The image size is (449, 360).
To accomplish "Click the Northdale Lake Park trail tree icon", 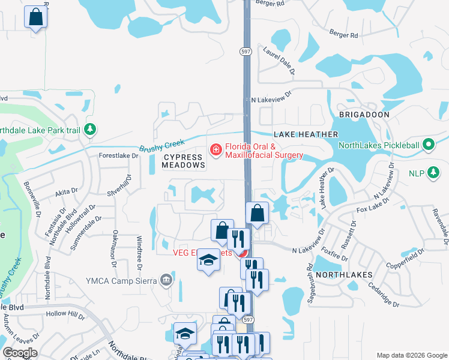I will tap(89, 129).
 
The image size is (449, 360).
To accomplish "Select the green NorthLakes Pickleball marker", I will tap(428, 145).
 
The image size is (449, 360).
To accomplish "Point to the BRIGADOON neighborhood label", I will tap(364, 114).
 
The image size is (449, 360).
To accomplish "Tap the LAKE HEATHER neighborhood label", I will tap(306, 134).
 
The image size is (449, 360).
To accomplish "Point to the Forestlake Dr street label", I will tap(119, 155).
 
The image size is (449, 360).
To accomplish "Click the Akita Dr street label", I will tap(66, 193).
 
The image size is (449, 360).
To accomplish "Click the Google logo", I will tap(20, 352).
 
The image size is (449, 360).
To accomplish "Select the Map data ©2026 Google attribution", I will tap(411, 355).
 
